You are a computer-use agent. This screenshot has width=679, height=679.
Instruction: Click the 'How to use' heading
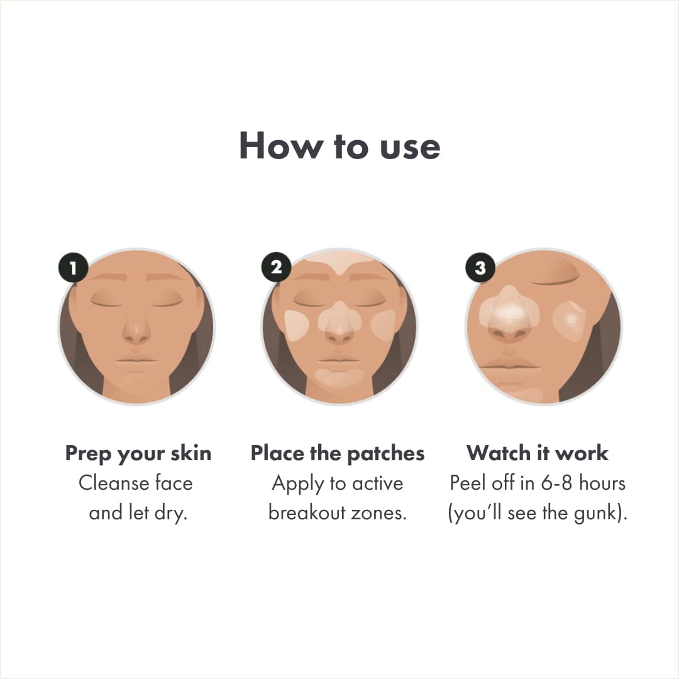click(x=339, y=146)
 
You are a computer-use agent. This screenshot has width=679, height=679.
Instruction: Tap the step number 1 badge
click(x=74, y=268)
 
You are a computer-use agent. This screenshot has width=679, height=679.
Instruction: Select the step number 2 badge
click(x=277, y=267)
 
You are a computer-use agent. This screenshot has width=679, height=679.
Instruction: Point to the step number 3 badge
click(x=480, y=268)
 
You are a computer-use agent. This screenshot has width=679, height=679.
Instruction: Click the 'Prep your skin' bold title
click(x=138, y=453)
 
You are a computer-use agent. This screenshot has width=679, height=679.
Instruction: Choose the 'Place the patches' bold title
click(x=338, y=453)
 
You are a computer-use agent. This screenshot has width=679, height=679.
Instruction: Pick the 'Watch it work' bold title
click(x=538, y=453)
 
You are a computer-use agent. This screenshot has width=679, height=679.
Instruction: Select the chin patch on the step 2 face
click(x=339, y=377)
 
